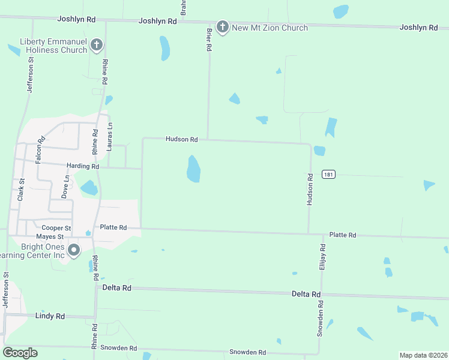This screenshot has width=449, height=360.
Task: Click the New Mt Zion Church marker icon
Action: [x=223, y=27]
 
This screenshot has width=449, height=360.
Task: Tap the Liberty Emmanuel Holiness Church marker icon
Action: [x=96, y=45]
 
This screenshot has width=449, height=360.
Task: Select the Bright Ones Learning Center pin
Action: [x=74, y=250]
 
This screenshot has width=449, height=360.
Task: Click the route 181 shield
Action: [x=328, y=174]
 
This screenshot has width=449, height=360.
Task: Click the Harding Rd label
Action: [x=83, y=166]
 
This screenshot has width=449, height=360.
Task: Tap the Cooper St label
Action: [x=56, y=228]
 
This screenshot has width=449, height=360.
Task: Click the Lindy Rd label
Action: [x=50, y=316]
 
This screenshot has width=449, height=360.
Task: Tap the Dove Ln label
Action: [x=65, y=187]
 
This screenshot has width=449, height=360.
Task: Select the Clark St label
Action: [x=21, y=189]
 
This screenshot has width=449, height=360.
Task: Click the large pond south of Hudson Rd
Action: [x=193, y=169]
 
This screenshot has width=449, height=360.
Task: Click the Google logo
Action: [x=20, y=352]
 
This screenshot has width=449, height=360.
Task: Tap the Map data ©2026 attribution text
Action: [x=423, y=355]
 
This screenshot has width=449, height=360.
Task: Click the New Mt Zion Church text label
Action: [x=270, y=28]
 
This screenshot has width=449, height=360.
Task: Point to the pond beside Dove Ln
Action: [x=89, y=187]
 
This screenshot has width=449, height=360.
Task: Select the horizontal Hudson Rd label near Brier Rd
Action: [x=182, y=139]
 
